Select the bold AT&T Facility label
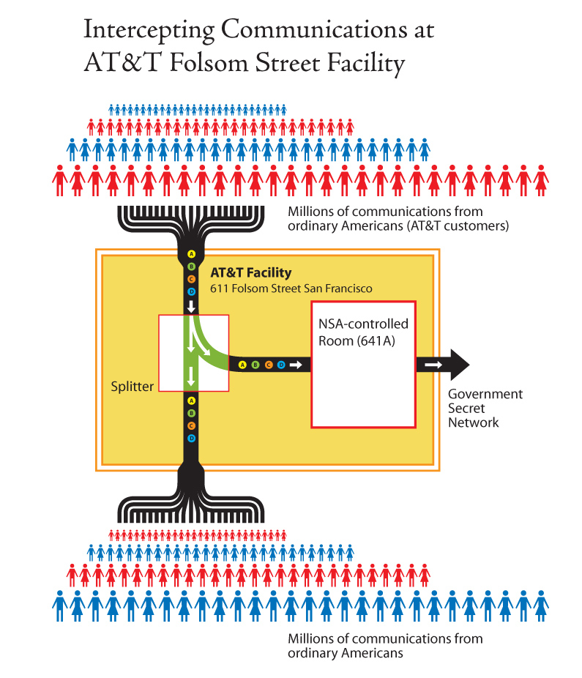pyautogui.click(x=250, y=273)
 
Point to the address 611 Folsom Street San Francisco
pyautogui.click(x=291, y=288)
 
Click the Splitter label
pyautogui.click(x=133, y=386)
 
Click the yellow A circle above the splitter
pyautogui.click(x=191, y=255)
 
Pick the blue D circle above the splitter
pyautogui.click(x=191, y=292)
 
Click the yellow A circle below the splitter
pyautogui.click(x=191, y=401)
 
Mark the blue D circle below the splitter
pyautogui.click(x=191, y=438)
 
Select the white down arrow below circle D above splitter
pyautogui.click(x=191, y=306)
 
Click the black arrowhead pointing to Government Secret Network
pyautogui.click(x=459, y=364)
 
